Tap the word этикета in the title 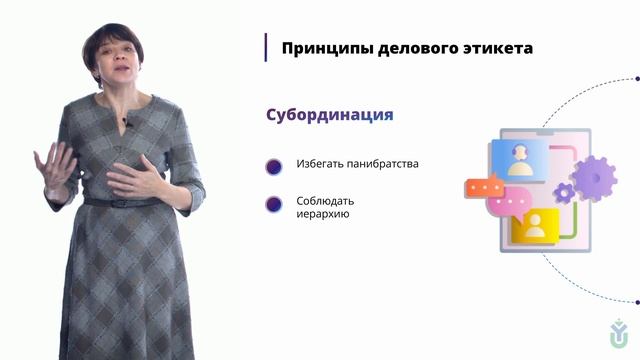click(489, 48)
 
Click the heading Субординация click(329, 114)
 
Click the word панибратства click(383, 164)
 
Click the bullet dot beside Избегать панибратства click(273, 165)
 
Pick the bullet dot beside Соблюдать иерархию click(273, 204)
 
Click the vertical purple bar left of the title click(266, 47)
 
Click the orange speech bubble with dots click(483, 186)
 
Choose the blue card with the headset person click(519, 158)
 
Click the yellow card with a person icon click(534, 225)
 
